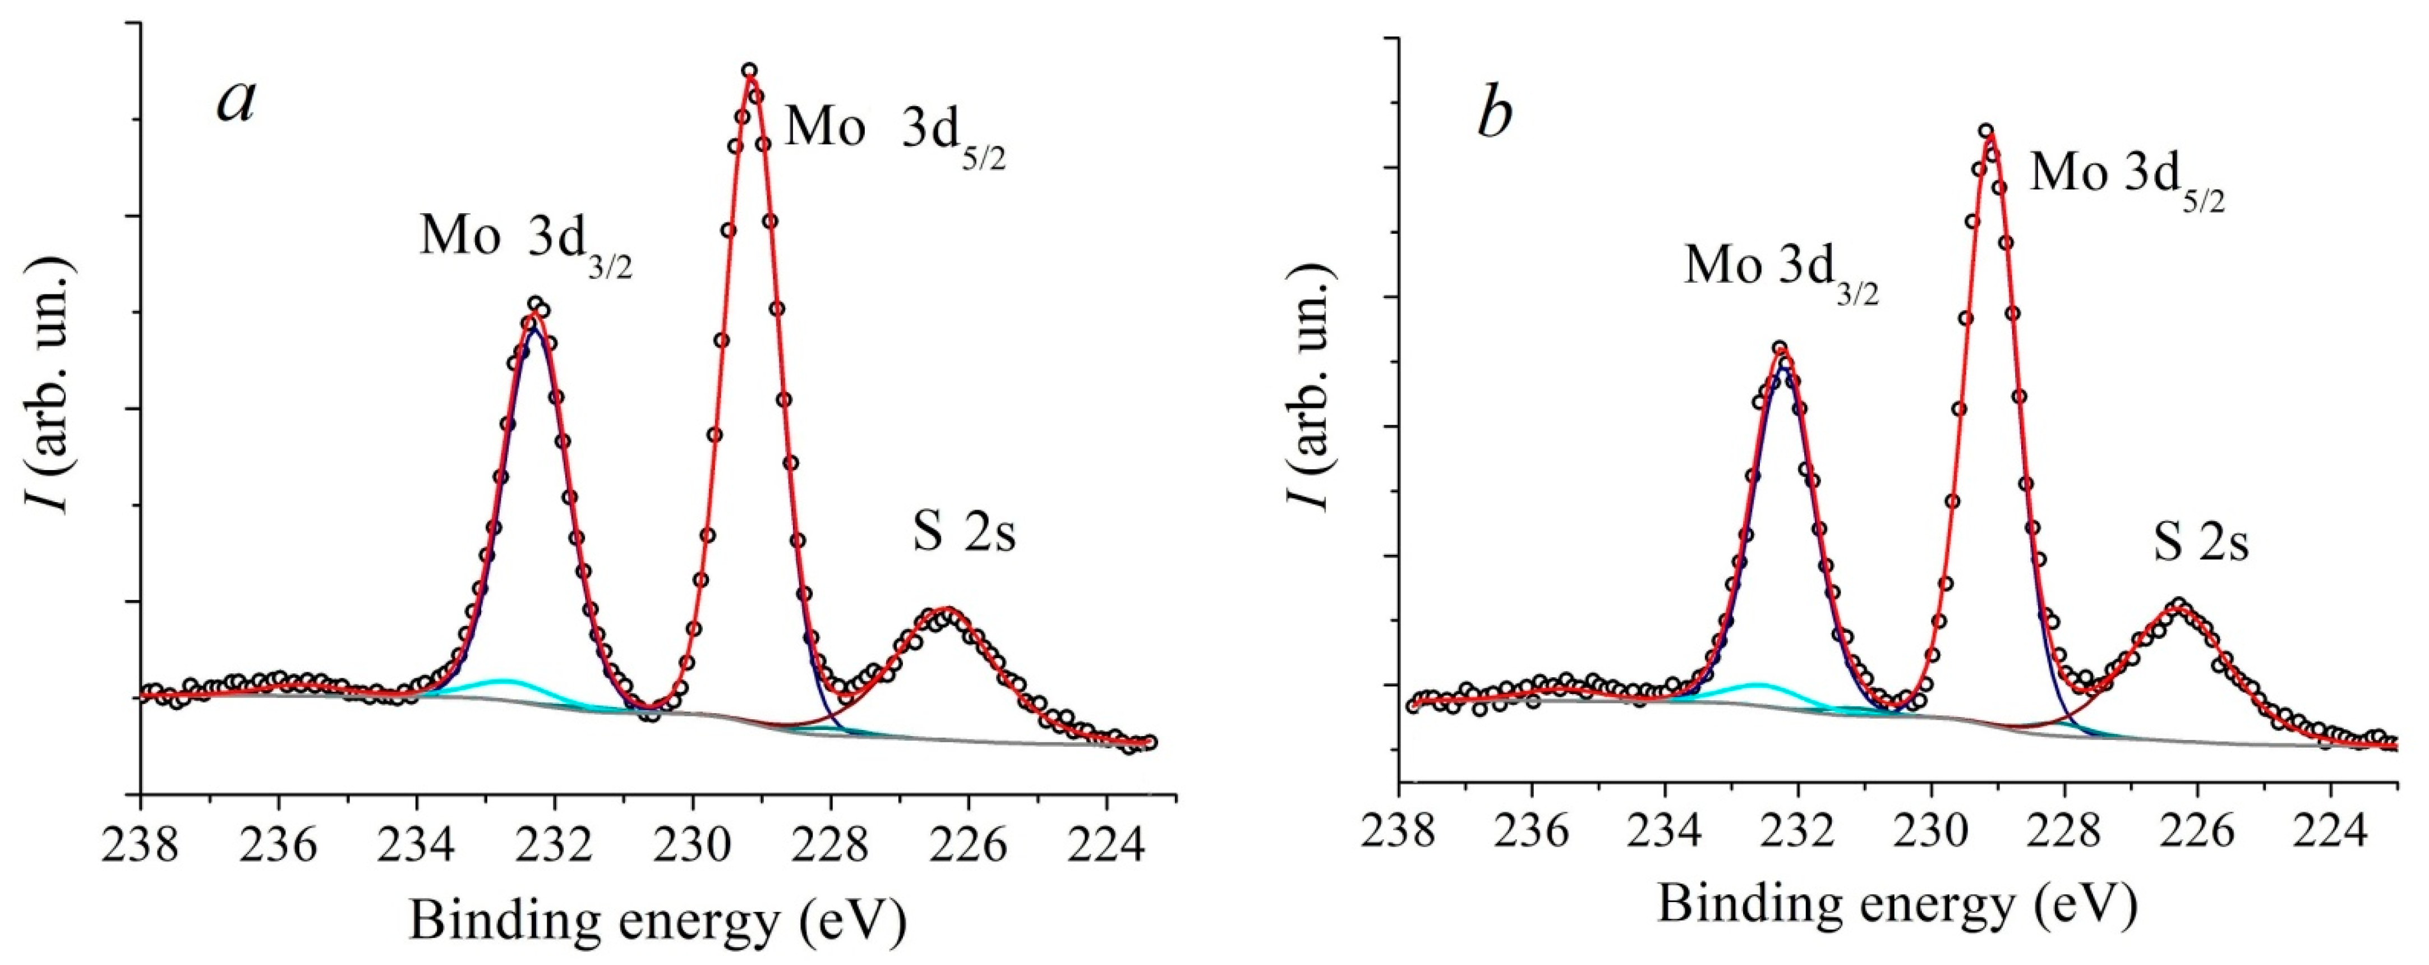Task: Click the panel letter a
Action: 236,102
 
